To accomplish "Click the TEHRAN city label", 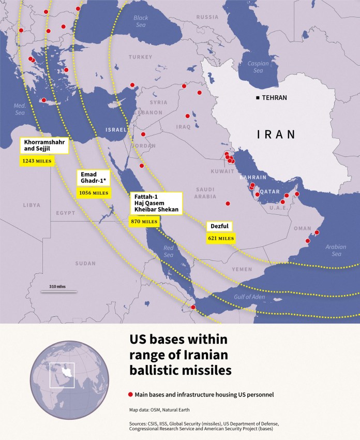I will click(x=274, y=98).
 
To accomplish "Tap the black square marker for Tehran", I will click(x=258, y=98).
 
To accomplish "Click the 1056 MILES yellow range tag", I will click(x=94, y=193).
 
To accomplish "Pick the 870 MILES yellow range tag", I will click(x=144, y=222).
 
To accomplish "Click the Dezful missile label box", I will click(x=219, y=227).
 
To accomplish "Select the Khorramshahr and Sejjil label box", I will click(x=44, y=146).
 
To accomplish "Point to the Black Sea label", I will click(x=141, y=21).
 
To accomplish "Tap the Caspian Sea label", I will click(x=258, y=67).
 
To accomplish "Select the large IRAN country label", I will click(x=276, y=135).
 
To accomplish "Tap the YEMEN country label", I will click(x=242, y=269).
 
